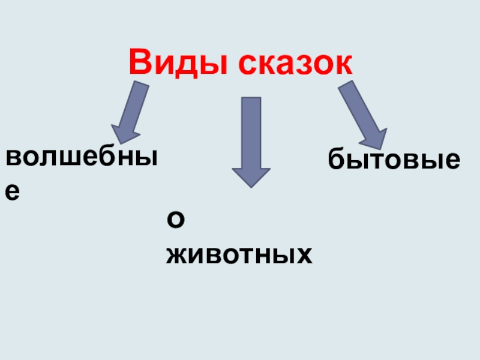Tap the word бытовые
394,160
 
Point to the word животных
239,256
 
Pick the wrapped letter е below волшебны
13,191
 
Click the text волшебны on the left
82,158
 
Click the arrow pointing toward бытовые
362,115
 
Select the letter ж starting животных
178,256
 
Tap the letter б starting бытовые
336,160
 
